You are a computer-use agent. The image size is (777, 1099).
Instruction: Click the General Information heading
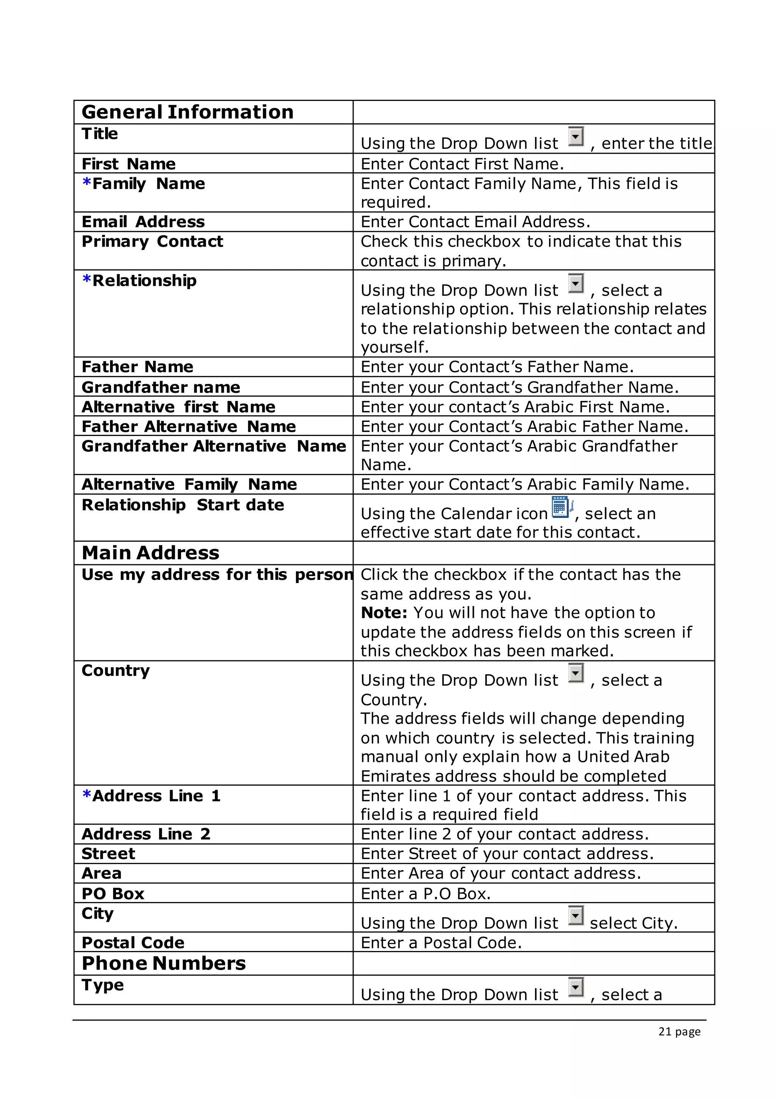[x=187, y=112]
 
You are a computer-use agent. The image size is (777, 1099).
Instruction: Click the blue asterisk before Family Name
[x=87, y=183]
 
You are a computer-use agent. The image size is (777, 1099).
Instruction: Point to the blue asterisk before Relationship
[x=87, y=280]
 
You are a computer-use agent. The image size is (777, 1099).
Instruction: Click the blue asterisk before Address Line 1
[x=87, y=795]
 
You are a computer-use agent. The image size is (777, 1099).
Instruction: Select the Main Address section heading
[x=150, y=553]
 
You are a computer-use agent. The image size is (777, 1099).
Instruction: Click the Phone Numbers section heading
[x=164, y=963]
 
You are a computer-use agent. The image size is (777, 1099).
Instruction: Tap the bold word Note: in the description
[x=384, y=612]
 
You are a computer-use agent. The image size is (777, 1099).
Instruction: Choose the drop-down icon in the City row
[x=576, y=916]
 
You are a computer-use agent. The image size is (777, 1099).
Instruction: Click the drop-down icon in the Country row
[x=576, y=673]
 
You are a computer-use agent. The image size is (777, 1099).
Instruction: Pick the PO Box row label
[x=113, y=894]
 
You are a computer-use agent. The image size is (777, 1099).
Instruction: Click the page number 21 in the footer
[x=665, y=1031]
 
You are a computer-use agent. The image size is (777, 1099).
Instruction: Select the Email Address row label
[x=143, y=222]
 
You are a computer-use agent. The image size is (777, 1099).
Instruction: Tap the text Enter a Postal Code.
[x=440, y=943]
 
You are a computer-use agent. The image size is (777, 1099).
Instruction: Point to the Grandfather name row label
[x=161, y=387]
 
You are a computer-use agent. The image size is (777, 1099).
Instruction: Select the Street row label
[x=108, y=853]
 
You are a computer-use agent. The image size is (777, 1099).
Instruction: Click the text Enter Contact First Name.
[x=462, y=164]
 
